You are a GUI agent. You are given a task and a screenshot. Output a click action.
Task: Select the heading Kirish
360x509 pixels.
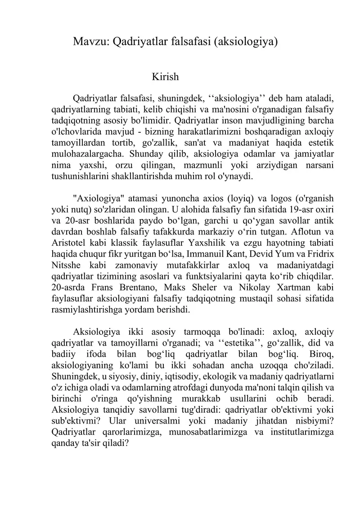(x=166, y=77)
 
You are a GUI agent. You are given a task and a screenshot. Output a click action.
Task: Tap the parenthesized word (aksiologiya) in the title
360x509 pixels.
(x=245, y=43)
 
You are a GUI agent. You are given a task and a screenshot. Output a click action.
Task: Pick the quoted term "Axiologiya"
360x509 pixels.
(x=99, y=198)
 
